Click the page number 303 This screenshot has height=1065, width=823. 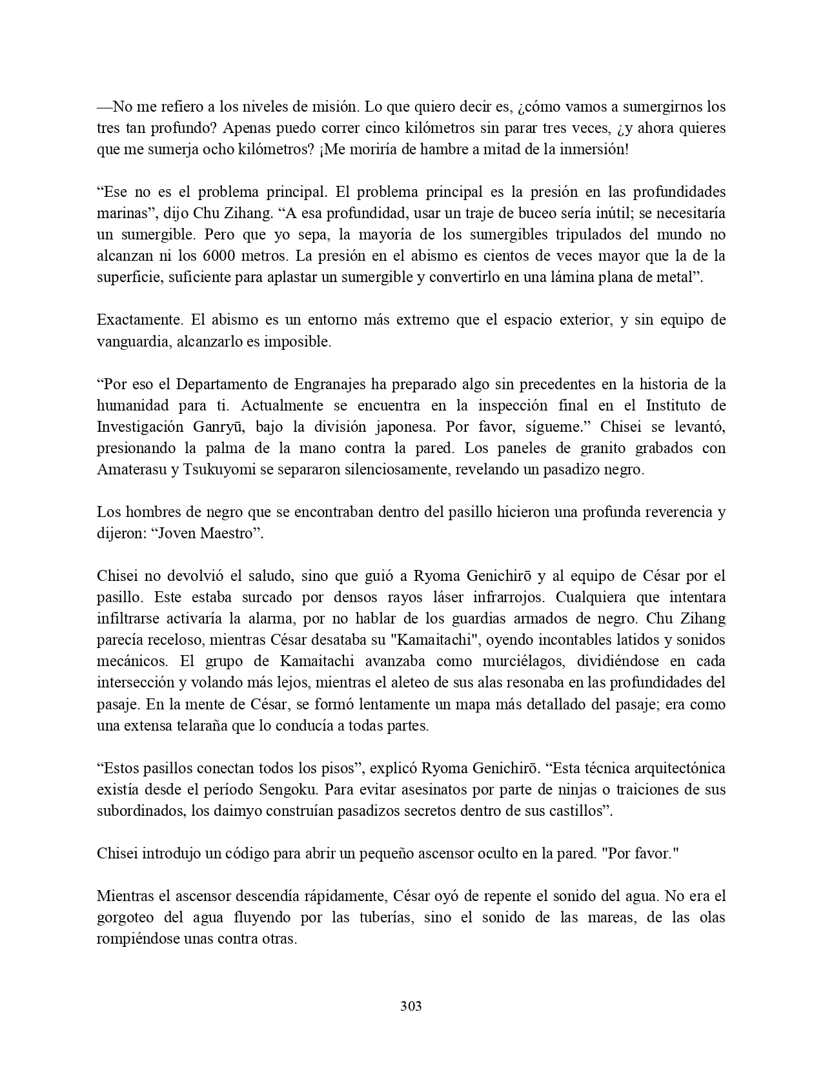click(411, 1006)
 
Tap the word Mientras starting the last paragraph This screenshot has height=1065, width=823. click(123, 896)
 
